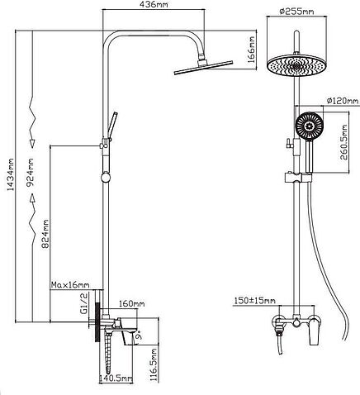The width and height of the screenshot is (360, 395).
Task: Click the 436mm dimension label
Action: click(154, 4)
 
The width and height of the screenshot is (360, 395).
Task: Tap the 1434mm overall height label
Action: click(11, 174)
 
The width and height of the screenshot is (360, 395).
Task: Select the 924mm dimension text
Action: click(31, 172)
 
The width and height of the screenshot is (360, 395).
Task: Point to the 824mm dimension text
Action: click(45, 234)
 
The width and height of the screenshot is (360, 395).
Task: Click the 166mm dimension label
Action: click(252, 50)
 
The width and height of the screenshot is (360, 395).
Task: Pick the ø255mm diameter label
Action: click(296, 12)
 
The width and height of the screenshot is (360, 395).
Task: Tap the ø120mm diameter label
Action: click(343, 101)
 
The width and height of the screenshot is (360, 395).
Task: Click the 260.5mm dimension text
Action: click(344, 142)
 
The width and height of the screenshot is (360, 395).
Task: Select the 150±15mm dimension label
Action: click(254, 300)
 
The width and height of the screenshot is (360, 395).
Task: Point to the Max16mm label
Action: click(70, 284)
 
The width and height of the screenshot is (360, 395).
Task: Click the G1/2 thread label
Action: click(83, 303)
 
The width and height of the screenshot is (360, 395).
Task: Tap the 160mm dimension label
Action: click(131, 303)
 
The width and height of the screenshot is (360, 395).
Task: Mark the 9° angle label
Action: click(139, 336)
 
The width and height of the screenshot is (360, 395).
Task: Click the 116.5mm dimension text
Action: click(154, 365)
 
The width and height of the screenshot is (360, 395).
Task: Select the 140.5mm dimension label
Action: click(116, 378)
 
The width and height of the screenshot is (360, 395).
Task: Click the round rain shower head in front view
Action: click(296, 65)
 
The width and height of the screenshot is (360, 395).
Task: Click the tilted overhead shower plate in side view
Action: click(204, 67)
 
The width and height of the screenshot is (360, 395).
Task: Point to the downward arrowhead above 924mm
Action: click(32, 143)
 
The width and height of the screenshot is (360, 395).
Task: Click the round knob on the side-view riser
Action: click(106, 178)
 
